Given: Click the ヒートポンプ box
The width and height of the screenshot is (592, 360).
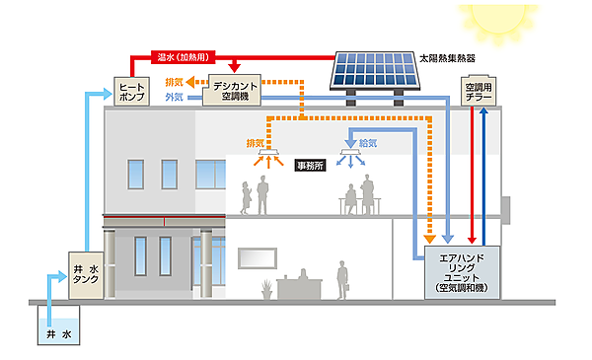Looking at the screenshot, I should (130, 93).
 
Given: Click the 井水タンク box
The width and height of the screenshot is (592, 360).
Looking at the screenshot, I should (86, 270).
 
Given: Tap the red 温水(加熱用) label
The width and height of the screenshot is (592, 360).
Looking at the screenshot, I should (180, 56).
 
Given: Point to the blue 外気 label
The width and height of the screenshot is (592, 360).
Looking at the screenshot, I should (174, 99).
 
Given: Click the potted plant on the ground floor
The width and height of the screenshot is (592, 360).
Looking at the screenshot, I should (267, 288).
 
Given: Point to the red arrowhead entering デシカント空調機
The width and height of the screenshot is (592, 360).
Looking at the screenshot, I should (234, 69).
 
